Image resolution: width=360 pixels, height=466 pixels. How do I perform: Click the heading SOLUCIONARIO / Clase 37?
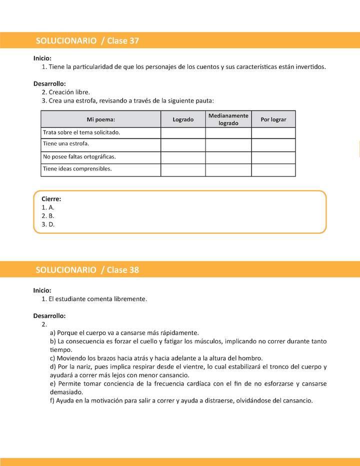pos(87,41)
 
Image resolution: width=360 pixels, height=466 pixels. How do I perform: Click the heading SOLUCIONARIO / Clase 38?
pos(87,269)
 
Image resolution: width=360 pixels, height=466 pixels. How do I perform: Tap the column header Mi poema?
pos(100,119)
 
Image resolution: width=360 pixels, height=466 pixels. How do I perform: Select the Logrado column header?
pos(183,119)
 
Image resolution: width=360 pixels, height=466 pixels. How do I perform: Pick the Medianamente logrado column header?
pos(228,119)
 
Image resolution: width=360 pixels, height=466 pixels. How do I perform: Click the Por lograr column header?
pos(273,119)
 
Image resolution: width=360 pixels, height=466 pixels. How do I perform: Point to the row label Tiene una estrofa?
pos(66,144)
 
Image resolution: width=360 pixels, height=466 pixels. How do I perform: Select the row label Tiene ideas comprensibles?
pos(77,169)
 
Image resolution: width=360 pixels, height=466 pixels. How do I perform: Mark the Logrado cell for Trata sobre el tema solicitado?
pos(183,133)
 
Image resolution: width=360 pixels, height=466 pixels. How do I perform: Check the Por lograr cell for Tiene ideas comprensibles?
pos(273,170)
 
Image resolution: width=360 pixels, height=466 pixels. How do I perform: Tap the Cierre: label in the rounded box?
pos(51,199)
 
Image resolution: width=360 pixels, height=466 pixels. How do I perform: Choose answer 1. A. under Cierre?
pos(48,207)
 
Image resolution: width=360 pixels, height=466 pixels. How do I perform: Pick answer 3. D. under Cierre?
pos(48,224)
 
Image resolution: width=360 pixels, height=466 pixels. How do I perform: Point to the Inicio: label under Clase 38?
pos(42,290)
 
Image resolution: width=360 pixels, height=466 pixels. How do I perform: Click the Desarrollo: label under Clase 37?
pos(49,83)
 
